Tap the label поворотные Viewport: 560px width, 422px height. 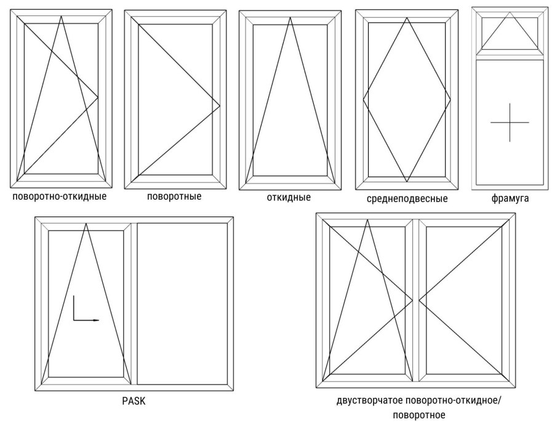pos(174,197)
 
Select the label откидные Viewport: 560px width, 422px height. pos(289,197)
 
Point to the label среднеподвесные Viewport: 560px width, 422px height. pos(407,199)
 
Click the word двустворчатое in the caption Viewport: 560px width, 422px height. pos(366,400)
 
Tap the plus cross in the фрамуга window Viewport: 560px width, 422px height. pos(510,123)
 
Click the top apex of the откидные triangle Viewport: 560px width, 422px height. pos(290,17)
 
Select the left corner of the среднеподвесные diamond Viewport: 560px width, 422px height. pos(364,99)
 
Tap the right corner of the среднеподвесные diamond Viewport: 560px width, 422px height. pos(450,99)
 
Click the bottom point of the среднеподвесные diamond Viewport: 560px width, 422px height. pos(407,181)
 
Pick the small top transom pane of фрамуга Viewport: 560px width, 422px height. pos(510,33)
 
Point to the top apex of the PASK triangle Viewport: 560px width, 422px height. pos(86,224)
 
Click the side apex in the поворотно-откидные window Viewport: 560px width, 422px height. pos(98,97)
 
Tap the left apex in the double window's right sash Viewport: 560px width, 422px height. pos(420,299)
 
